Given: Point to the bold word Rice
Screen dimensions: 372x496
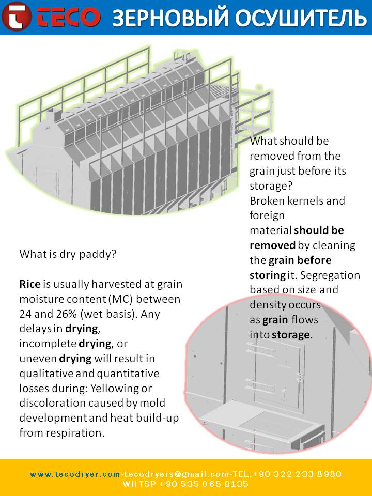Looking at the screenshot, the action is [x=29, y=284].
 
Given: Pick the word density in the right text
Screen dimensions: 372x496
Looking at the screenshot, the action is [x=269, y=305].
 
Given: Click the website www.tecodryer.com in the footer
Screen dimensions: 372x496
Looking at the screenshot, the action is [x=75, y=474].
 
